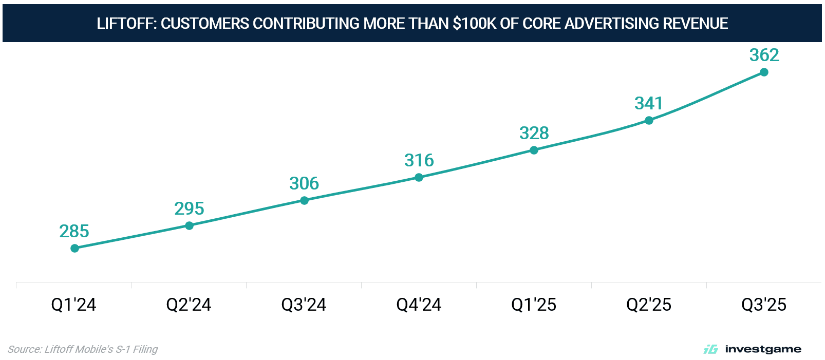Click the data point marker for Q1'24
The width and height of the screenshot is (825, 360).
[74, 248]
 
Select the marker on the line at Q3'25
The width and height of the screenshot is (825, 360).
[764, 72]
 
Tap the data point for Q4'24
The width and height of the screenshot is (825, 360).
[419, 177]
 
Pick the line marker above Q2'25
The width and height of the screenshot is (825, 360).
[649, 120]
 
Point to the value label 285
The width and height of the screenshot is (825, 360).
[74, 231]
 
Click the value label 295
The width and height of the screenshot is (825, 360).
[189, 209]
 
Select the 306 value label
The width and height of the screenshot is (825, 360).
[304, 183]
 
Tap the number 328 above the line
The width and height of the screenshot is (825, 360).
[534, 133]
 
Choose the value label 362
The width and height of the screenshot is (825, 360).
[764, 55]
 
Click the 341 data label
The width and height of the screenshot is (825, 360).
[649, 103]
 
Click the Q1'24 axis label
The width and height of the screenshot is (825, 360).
[73, 305]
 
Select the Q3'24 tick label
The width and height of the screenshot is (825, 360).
[304, 305]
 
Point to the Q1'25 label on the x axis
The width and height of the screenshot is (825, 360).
[534, 305]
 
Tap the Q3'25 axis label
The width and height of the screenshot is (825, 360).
[764, 305]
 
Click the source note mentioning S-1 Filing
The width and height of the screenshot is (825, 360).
[83, 349]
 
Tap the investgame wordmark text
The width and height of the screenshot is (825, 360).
[763, 349]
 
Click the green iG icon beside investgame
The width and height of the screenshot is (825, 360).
[710, 349]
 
